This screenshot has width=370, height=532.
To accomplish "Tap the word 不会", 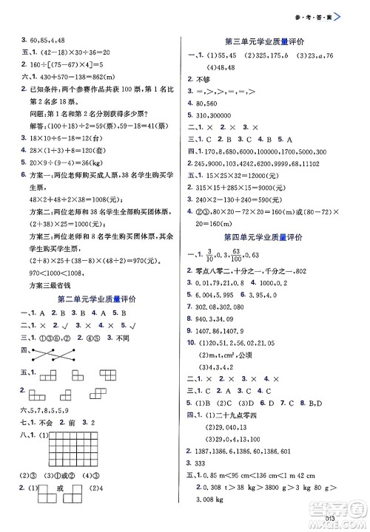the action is pyautogui.click(x=41, y=426).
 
